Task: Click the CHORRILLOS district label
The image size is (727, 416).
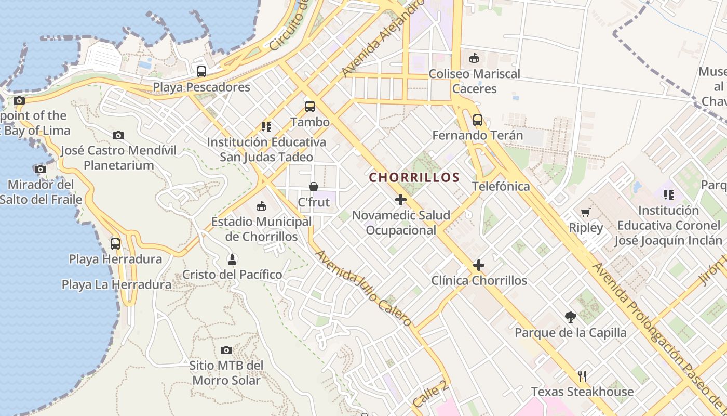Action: (x=414, y=177)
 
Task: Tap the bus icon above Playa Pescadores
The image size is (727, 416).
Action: (x=201, y=72)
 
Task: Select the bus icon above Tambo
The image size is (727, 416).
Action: (x=310, y=107)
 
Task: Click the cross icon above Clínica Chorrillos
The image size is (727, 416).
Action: (x=478, y=265)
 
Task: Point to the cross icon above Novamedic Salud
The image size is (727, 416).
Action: (x=400, y=199)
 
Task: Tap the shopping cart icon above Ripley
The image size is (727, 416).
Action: (x=586, y=212)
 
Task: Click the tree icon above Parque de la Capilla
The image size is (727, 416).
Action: (x=571, y=317)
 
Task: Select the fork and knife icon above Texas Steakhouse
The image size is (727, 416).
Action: (x=582, y=376)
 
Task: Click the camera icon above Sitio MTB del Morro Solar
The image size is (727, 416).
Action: (x=226, y=350)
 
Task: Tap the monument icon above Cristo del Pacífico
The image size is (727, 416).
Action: (x=232, y=259)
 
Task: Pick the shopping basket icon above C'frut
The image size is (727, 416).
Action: (x=314, y=186)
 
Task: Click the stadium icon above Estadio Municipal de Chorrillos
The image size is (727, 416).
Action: (x=261, y=206)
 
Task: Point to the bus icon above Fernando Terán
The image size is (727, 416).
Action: (x=477, y=120)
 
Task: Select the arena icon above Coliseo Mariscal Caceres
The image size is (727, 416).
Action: (x=474, y=58)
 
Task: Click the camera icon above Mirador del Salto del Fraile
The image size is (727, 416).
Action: (x=40, y=169)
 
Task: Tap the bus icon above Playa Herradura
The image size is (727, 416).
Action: (x=115, y=243)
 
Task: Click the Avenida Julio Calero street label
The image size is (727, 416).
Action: (x=363, y=289)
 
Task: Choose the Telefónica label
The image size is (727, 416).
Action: (x=501, y=186)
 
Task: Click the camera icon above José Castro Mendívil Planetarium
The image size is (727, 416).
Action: (x=118, y=135)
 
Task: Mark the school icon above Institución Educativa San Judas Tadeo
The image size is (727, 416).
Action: (x=266, y=126)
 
